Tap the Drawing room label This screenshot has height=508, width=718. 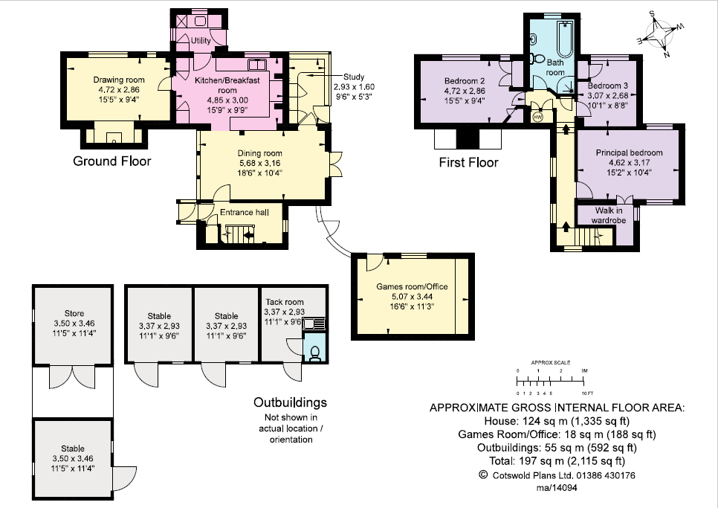119,80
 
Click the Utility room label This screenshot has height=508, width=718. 201,40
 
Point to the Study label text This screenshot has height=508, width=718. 354,77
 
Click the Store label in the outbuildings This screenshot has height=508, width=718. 74,314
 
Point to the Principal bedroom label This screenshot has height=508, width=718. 629,152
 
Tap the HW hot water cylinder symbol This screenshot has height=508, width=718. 537,117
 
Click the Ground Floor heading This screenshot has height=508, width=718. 111,161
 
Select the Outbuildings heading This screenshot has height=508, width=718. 290,402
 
